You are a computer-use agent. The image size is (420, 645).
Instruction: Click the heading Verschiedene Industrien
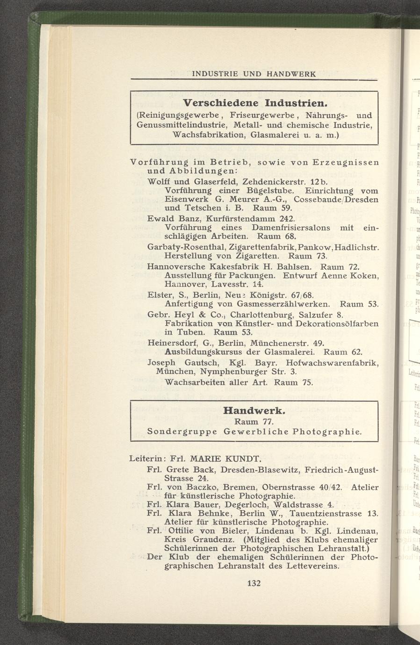coord(254,102)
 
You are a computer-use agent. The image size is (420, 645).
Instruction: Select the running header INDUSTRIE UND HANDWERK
coord(254,73)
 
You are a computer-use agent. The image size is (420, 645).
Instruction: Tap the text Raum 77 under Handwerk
coord(253,422)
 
